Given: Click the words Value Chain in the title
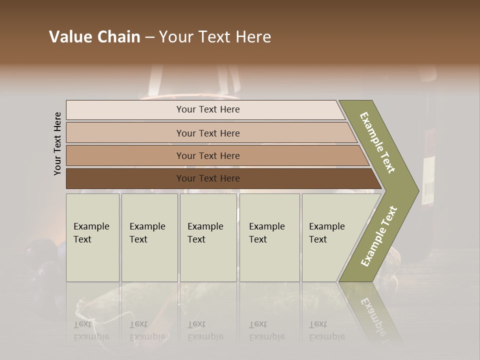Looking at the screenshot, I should click(94, 37).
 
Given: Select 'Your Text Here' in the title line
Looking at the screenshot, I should click(215, 37).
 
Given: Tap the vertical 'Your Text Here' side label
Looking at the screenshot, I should click(57, 143).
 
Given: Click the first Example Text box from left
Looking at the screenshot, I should click(92, 237).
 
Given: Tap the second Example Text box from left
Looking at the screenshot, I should click(149, 237).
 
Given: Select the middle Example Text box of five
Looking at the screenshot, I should click(208, 237).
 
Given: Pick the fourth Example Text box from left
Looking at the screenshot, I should click(269, 237).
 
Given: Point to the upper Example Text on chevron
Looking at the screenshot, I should click(378, 142).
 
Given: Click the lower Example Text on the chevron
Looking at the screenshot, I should click(379, 236).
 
